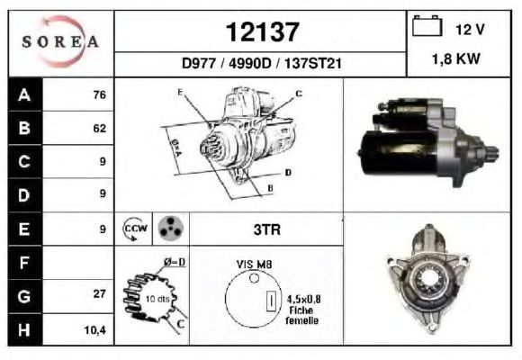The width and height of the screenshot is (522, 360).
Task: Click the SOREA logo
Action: pos(60,41)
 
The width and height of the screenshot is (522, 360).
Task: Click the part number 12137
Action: pos(262,32)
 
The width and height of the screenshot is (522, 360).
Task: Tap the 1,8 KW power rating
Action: pos(456,58)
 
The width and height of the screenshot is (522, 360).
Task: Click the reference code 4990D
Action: pos(250,63)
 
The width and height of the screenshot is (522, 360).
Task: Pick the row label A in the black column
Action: pos(24,94)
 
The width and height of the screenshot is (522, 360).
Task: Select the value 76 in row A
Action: pos(100,94)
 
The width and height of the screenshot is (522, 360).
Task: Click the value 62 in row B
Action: pos(100,128)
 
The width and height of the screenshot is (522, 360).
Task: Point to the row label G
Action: pos(24,296)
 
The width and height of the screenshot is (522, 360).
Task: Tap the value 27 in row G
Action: pos(100,293)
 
